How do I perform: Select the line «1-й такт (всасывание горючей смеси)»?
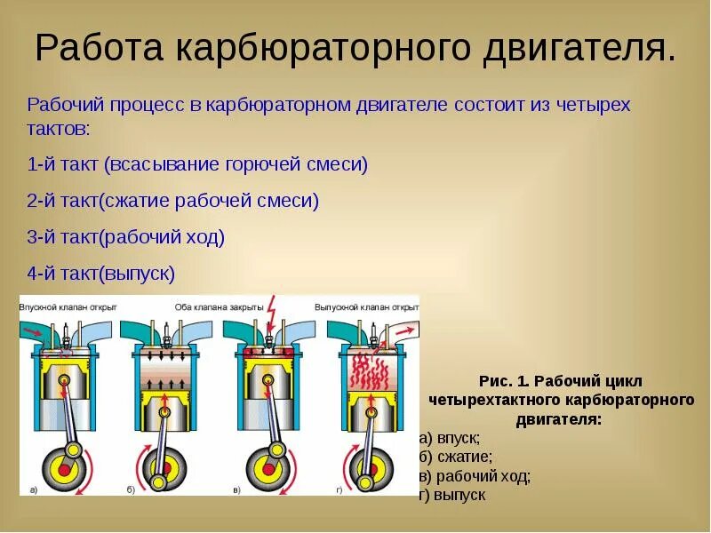(x=197, y=164)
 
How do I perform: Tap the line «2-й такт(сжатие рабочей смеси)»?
(x=173, y=201)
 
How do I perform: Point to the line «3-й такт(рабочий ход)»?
(x=126, y=237)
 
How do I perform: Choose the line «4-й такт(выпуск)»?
(x=101, y=274)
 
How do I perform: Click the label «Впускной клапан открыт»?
(x=68, y=306)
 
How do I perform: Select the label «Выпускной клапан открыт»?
(x=366, y=306)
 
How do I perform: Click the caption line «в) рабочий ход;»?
(x=475, y=476)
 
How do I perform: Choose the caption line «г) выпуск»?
(x=452, y=495)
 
